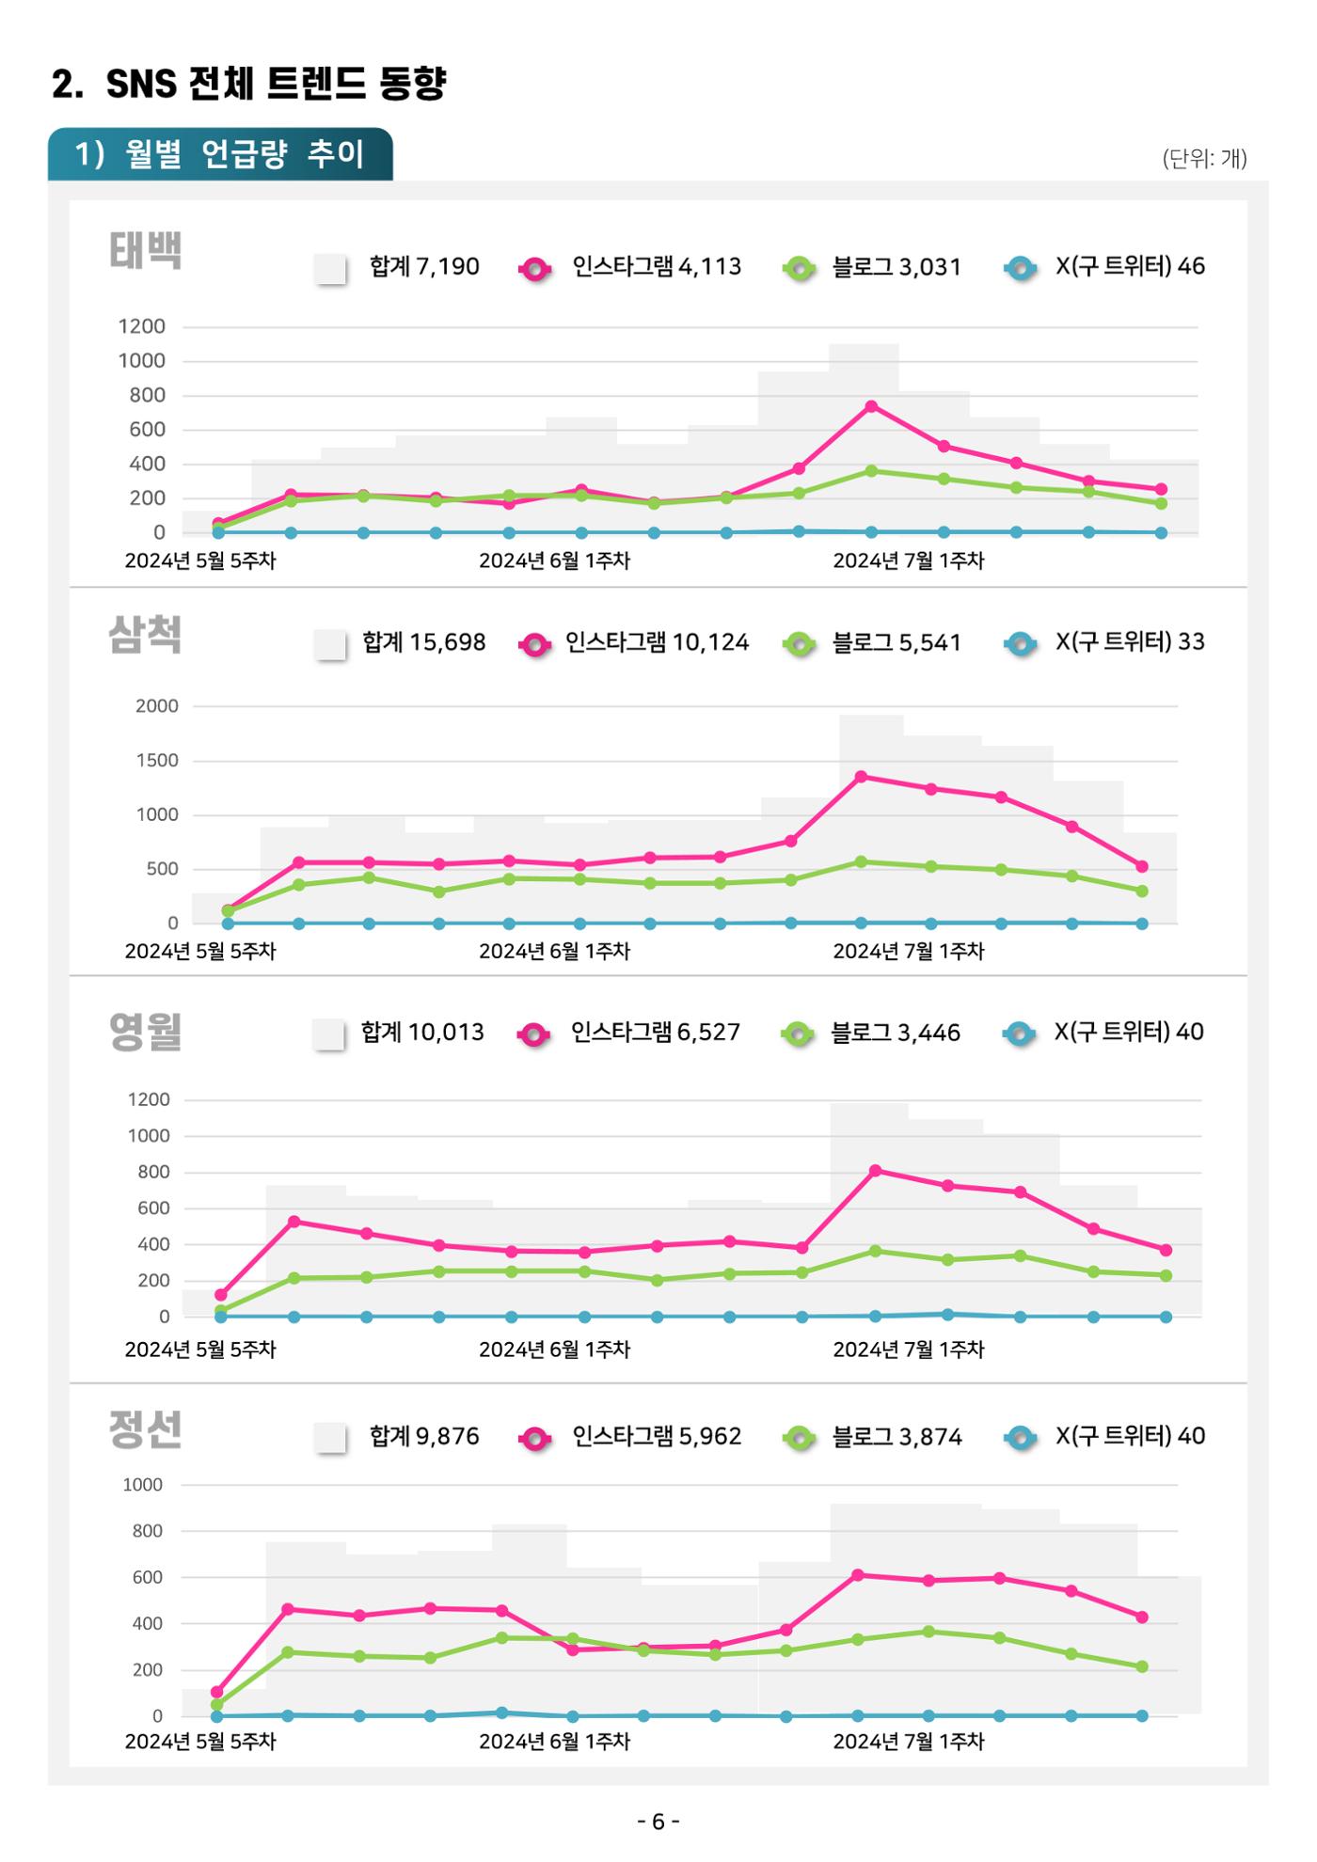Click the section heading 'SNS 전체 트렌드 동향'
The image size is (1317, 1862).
click(x=276, y=84)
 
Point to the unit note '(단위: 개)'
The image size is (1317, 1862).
click(x=1205, y=158)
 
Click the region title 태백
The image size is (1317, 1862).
click(x=145, y=250)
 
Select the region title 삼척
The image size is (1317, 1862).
click(x=145, y=635)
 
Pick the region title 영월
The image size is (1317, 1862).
click(x=145, y=1032)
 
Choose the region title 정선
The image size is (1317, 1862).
click(x=145, y=1429)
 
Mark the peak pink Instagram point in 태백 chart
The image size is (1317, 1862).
click(x=871, y=406)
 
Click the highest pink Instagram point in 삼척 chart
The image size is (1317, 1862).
click(x=861, y=777)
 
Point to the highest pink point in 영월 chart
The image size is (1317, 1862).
click(x=875, y=1171)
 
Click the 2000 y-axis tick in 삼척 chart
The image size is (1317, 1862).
click(x=156, y=706)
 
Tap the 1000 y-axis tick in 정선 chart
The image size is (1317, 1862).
click(x=142, y=1485)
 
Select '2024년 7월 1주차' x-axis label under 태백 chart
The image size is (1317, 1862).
click(x=909, y=560)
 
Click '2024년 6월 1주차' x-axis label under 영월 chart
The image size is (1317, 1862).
click(x=554, y=1349)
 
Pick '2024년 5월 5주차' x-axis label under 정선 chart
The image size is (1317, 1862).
click(x=200, y=1742)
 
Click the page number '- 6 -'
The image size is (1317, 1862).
click(x=658, y=1822)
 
